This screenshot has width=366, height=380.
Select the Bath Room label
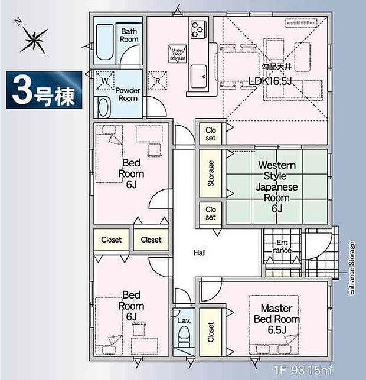click(x=129, y=35)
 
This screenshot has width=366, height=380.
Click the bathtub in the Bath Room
click(x=106, y=42)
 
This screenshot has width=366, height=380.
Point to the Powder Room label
click(x=127, y=94)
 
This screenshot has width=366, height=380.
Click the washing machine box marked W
click(x=104, y=80)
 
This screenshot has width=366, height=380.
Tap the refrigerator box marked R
click(x=158, y=80)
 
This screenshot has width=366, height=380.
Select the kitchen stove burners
click(x=197, y=28)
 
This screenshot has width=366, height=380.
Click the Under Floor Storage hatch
click(x=177, y=55)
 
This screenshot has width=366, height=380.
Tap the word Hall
click(x=199, y=253)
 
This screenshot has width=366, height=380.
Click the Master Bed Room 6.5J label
click(x=277, y=319)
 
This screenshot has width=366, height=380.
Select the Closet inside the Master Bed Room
click(x=210, y=332)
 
